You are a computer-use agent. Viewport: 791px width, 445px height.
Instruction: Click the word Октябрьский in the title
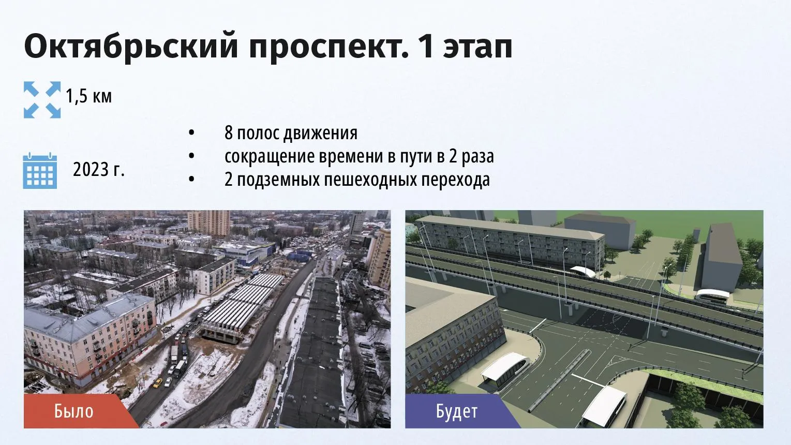(131, 46)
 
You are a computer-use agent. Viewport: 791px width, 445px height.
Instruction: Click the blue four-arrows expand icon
(42, 99)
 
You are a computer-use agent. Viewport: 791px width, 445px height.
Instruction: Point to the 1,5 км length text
(88, 96)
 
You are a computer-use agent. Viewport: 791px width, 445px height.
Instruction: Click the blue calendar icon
(40, 171)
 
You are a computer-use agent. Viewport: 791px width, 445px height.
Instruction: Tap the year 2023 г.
(99, 170)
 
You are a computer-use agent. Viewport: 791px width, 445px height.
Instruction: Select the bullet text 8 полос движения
(291, 133)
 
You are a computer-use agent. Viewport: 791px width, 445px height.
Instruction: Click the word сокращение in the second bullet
(270, 156)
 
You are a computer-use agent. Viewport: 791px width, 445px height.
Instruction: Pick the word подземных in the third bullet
(278, 180)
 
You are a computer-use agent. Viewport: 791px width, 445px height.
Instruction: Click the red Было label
(73, 411)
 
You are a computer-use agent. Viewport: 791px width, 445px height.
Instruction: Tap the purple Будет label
(457, 411)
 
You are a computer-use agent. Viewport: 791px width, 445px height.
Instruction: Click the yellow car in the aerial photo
(157, 383)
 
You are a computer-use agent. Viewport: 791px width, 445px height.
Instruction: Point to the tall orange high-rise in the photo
(208, 222)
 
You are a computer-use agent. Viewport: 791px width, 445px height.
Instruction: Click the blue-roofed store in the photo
(247, 253)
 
